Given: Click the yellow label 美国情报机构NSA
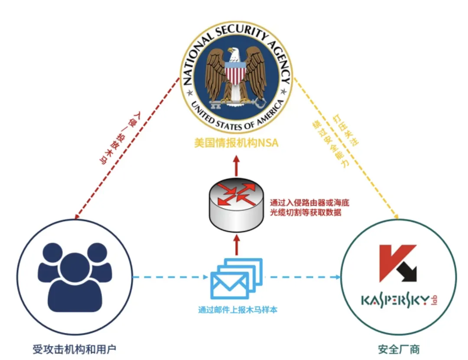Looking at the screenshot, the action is point(236,143).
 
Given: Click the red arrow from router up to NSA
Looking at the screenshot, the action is point(237,166).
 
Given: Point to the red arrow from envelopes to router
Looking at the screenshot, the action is point(237,245).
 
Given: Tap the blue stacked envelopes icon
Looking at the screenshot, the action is point(237,278).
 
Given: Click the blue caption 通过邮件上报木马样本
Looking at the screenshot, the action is point(238,310).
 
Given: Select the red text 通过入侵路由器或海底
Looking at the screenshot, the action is point(309,203).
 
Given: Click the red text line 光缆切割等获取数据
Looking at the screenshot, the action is point(305,213).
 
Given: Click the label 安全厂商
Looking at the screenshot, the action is point(399,349).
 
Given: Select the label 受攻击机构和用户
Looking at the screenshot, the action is point(75,349).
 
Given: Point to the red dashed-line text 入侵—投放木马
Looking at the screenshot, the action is point(120,137).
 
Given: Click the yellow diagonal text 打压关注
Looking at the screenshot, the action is point(346,130).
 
